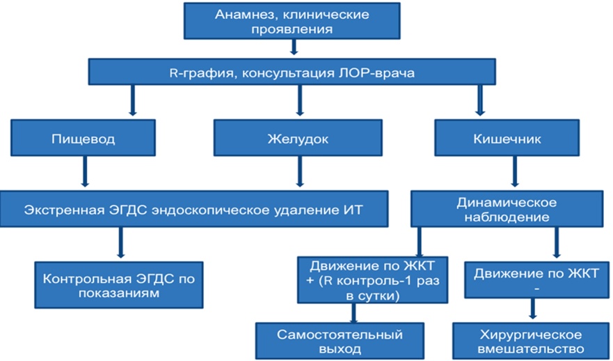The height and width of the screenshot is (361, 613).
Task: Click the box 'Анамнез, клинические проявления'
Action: tap(292, 21)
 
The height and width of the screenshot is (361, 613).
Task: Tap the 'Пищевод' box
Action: tap(83, 138)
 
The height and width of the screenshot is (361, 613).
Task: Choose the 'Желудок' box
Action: tap(298, 138)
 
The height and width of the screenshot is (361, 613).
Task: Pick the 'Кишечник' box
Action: tap(507, 138)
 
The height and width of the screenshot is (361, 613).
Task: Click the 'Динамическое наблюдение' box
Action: tap(507, 209)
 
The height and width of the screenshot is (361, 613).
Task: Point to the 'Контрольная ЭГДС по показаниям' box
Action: tap(119, 285)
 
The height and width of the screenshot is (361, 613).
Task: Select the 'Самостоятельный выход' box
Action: tap(340, 341)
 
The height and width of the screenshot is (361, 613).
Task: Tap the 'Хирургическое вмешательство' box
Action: tap(531, 341)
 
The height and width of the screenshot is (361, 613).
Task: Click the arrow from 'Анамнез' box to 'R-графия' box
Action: tap(294, 47)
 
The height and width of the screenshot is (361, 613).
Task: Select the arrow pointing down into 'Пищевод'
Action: tap(132, 100)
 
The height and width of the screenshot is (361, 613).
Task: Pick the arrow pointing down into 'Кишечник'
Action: tap(480, 100)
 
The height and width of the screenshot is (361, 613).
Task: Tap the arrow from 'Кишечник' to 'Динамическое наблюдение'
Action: tap(515, 171)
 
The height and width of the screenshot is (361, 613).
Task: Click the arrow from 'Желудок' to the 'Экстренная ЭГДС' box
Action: tap(300, 171)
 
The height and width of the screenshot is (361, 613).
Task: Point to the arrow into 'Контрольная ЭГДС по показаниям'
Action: tap(121, 243)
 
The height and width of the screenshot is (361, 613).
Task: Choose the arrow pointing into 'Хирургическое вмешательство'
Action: tap(532, 309)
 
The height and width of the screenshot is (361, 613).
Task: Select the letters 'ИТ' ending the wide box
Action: tap(355, 210)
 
